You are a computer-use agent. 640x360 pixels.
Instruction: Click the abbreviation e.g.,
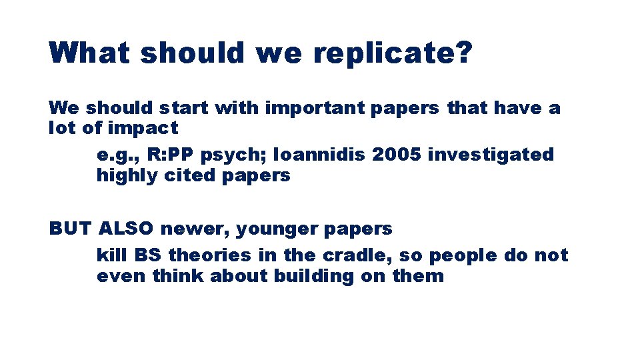(117, 155)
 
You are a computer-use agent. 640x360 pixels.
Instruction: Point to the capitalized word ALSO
(126, 229)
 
